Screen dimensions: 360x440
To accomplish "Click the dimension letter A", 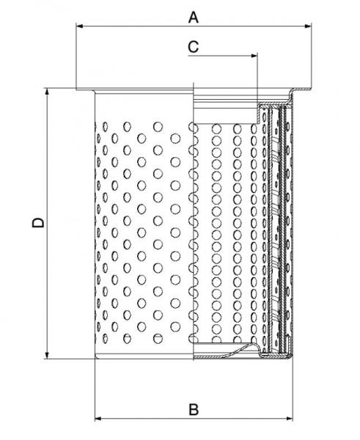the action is pyautogui.click(x=194, y=18).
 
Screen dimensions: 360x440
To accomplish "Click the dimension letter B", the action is pyautogui.click(x=194, y=409).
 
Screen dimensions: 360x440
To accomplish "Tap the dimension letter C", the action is pyautogui.click(x=194, y=47).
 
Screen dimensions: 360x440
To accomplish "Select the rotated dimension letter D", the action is pyautogui.click(x=38, y=222).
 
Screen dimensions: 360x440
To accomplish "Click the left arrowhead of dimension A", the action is pyautogui.click(x=79, y=26).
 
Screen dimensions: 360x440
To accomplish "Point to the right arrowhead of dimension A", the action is pyautogui.click(x=308, y=26).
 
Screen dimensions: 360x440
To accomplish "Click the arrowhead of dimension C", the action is pyautogui.click(x=254, y=56).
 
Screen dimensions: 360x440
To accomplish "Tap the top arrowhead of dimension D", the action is pyautogui.click(x=47, y=92).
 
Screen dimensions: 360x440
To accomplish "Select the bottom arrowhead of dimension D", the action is pyautogui.click(x=47, y=355).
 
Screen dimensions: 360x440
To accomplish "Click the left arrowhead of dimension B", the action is pyautogui.click(x=98, y=419).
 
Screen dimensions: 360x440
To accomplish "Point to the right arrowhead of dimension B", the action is pyautogui.click(x=290, y=419).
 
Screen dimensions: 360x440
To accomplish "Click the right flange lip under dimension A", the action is pyautogui.click(x=301, y=89).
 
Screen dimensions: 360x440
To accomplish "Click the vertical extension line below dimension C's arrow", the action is pyautogui.click(x=257, y=78).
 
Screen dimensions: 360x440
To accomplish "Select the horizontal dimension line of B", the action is pyautogui.click(x=194, y=419).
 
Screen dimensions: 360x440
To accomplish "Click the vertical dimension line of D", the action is pyautogui.click(x=47, y=224).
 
